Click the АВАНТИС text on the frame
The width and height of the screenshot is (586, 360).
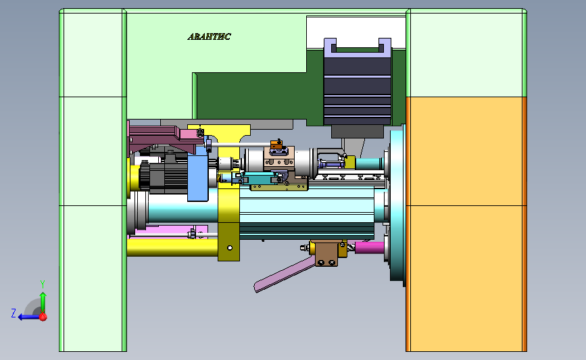click(209, 36)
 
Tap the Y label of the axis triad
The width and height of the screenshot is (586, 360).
click(43, 284)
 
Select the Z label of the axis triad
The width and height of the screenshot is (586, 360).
click(14, 313)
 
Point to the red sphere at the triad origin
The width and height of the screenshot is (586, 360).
click(43, 317)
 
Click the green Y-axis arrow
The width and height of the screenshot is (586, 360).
click(43, 302)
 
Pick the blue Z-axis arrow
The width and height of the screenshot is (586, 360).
click(29, 317)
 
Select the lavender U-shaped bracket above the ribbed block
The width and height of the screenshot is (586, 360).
click(358, 47)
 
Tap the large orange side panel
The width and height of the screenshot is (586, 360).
click(466, 224)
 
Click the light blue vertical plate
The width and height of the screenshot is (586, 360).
click(198, 175)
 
